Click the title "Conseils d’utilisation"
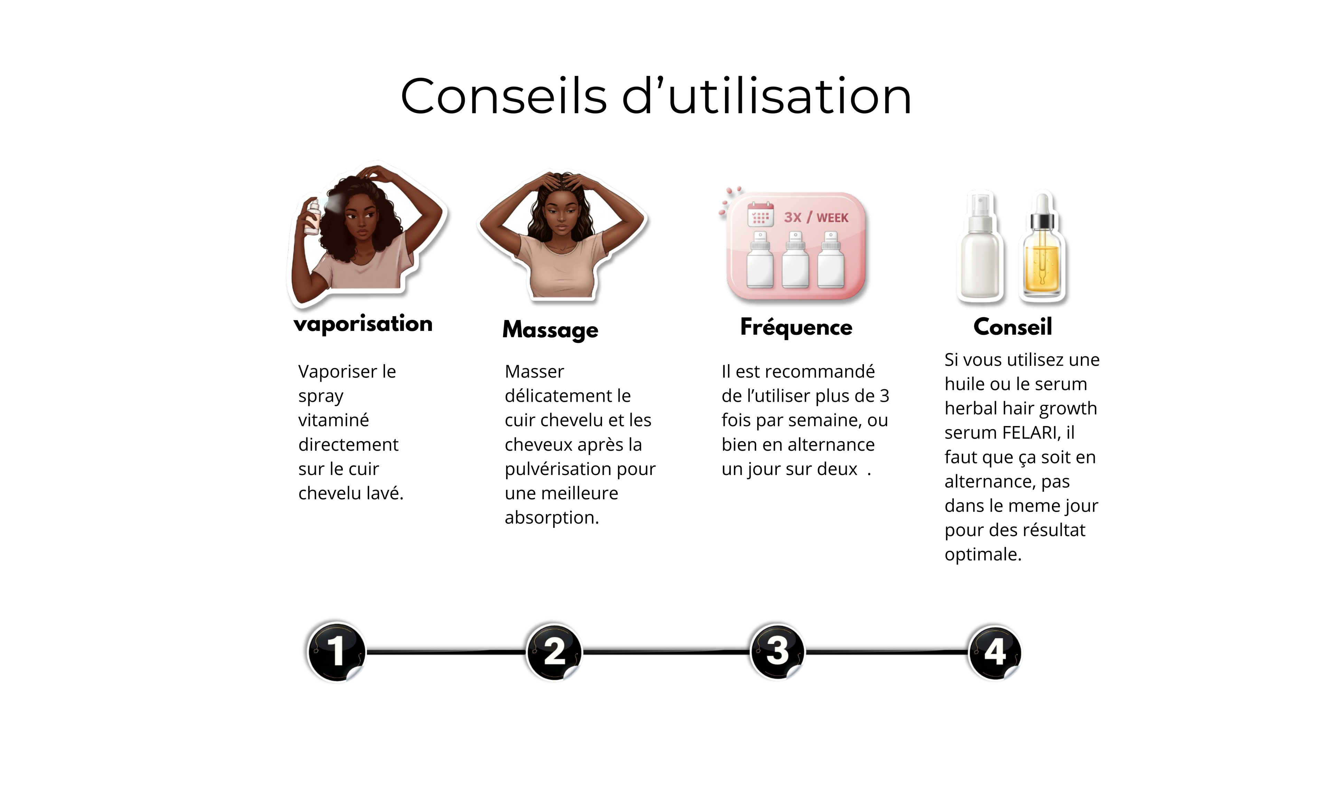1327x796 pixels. click(656, 96)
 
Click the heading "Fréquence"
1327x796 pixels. click(796, 327)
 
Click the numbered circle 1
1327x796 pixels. click(336, 652)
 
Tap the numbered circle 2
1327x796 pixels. click(554, 652)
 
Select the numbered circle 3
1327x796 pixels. click(777, 651)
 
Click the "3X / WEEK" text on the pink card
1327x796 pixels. click(816, 217)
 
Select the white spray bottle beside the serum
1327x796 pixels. click(980, 245)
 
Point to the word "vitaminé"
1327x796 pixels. click(333, 420)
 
